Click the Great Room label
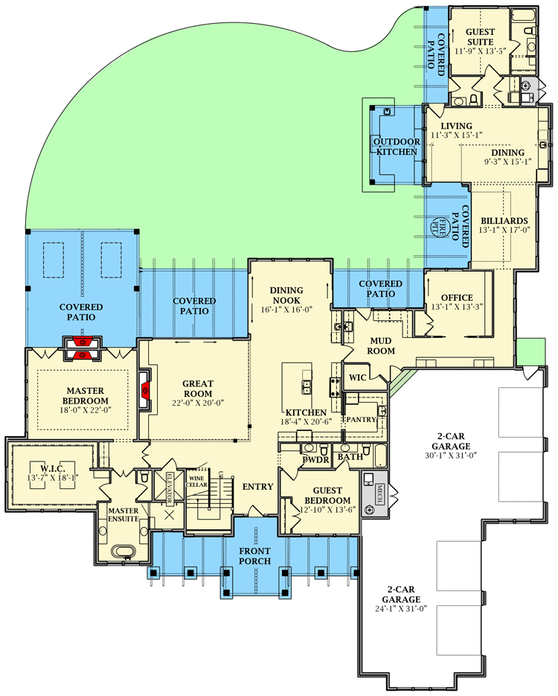pos(198,389)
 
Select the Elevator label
pos(169,488)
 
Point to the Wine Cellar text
pos(196,481)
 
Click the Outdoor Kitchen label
pos(397,147)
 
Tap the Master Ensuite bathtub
pos(123,552)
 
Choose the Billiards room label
pos(504,220)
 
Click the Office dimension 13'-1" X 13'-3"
pos(457,307)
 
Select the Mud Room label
pos(381,346)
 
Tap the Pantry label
pos(361,420)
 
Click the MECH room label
pos(380,494)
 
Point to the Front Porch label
pos(254,556)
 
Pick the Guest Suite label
pos(480,36)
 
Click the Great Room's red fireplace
pos(145,391)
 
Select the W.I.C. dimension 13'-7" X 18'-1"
pos(52,478)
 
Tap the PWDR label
pos(315,459)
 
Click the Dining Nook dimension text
pos(286,310)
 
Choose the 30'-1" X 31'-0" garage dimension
pos(451,456)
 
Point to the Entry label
pos(257,487)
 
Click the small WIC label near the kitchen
pos(358,377)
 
